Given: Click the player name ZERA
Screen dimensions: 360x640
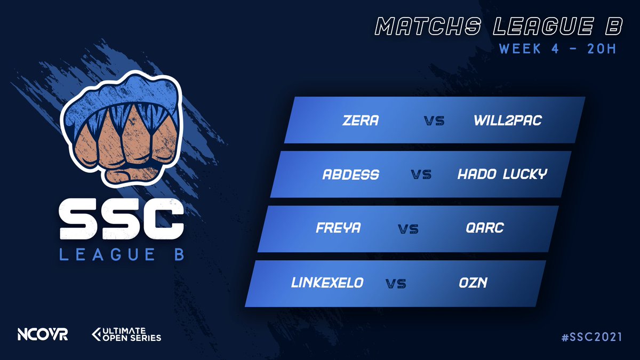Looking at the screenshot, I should click(x=361, y=121).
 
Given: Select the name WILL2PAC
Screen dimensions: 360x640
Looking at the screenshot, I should click(x=507, y=121).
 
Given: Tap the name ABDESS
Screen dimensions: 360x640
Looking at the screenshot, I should click(x=351, y=174).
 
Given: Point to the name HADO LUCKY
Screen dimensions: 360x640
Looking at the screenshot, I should click(x=502, y=174).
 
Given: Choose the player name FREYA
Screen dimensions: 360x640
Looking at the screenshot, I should click(x=338, y=228).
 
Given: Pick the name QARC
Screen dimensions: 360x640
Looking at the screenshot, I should click(x=484, y=228).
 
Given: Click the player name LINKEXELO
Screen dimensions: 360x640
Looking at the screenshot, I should click(x=327, y=283).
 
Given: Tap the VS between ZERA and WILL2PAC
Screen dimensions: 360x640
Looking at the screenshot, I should click(x=435, y=121).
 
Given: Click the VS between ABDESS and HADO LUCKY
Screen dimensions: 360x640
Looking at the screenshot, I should click(x=421, y=175).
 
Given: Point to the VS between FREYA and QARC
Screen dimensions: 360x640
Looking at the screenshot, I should click(x=408, y=229).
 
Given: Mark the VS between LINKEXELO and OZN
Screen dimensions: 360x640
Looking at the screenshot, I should click(x=395, y=283).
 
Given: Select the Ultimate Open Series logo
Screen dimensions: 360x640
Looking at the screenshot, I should click(x=127, y=334).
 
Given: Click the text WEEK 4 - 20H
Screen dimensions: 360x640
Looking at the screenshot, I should click(x=557, y=49).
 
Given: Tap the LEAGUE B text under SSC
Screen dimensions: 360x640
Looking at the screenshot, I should click(x=122, y=255).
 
